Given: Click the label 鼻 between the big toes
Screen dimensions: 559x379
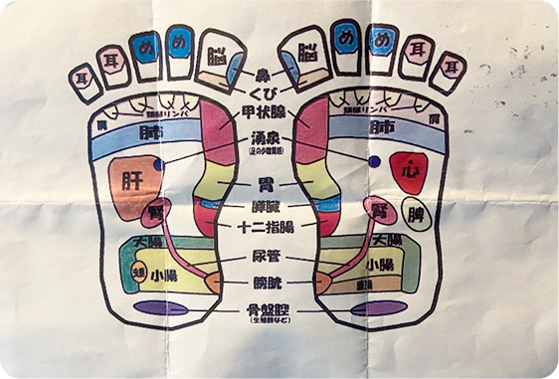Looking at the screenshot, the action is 263,74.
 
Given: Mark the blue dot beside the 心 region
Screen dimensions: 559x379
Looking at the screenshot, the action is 374,160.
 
